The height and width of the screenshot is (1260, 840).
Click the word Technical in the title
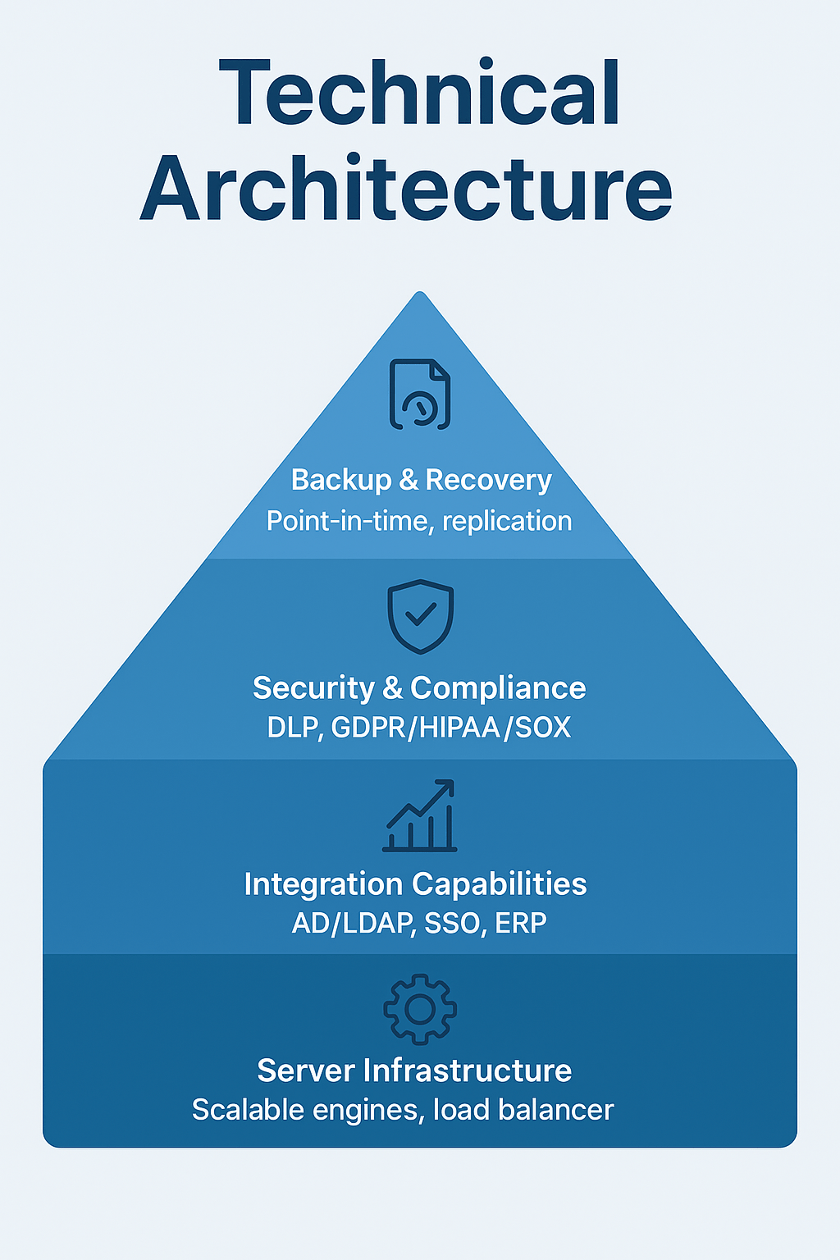pyautogui.click(x=419, y=93)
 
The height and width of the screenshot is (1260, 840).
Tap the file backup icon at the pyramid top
pyautogui.click(x=420, y=395)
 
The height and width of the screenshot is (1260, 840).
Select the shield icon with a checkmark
pyautogui.click(x=420, y=616)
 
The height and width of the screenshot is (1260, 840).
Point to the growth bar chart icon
pyautogui.click(x=420, y=816)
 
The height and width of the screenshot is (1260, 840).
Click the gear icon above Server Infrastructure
pyautogui.click(x=420, y=1009)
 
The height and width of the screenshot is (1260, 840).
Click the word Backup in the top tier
pyautogui.click(x=341, y=480)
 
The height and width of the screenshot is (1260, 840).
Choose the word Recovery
pyautogui.click(x=488, y=480)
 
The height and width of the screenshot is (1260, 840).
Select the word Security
pyautogui.click(x=313, y=688)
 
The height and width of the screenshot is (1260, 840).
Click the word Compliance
pyautogui.click(x=498, y=688)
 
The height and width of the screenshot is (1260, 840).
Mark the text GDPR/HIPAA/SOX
pyautogui.click(x=451, y=728)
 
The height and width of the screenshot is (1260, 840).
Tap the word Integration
pyautogui.click(x=322, y=884)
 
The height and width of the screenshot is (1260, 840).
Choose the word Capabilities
pyautogui.click(x=500, y=884)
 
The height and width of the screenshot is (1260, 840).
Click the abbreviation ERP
pyautogui.click(x=521, y=924)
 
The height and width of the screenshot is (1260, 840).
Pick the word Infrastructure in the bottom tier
pyautogui.click(x=468, y=1071)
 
